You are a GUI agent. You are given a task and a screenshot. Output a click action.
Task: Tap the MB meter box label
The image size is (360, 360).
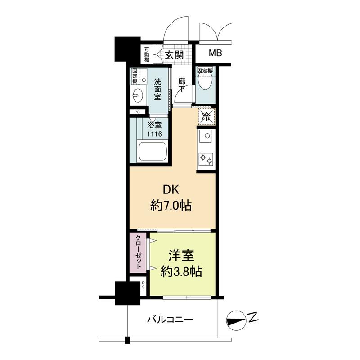pos(216,53)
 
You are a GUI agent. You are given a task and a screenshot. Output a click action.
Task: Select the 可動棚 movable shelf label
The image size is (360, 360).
pos(147,55)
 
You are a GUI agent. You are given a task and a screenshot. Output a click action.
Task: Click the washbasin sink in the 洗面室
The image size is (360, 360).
pos(138,95)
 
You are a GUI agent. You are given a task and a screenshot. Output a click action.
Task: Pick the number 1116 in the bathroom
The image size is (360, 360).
pos(154,134)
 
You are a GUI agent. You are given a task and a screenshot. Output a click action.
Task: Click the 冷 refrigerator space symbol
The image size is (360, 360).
pos(207,117)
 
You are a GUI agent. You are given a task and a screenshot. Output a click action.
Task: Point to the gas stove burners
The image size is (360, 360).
pos(206,159)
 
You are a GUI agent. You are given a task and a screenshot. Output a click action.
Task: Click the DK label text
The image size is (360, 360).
pos(171,190)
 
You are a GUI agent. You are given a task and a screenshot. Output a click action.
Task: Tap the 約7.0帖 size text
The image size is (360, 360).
pos(171,206)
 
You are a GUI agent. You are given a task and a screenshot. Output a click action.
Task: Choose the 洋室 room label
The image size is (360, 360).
pos(181,255)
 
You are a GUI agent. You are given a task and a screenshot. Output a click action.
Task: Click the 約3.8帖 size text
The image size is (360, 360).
pos(181,272)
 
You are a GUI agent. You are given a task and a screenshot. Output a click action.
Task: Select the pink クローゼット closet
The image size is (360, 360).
pos(138,253)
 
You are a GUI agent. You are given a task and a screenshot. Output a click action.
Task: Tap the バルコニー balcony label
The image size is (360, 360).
pos(170,319)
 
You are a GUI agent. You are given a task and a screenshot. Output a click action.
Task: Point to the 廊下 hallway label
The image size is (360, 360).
pos(182,85)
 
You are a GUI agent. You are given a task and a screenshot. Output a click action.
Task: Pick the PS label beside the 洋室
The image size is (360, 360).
pos(143,285)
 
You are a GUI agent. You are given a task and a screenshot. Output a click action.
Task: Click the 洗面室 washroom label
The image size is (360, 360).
pos(157,89)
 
